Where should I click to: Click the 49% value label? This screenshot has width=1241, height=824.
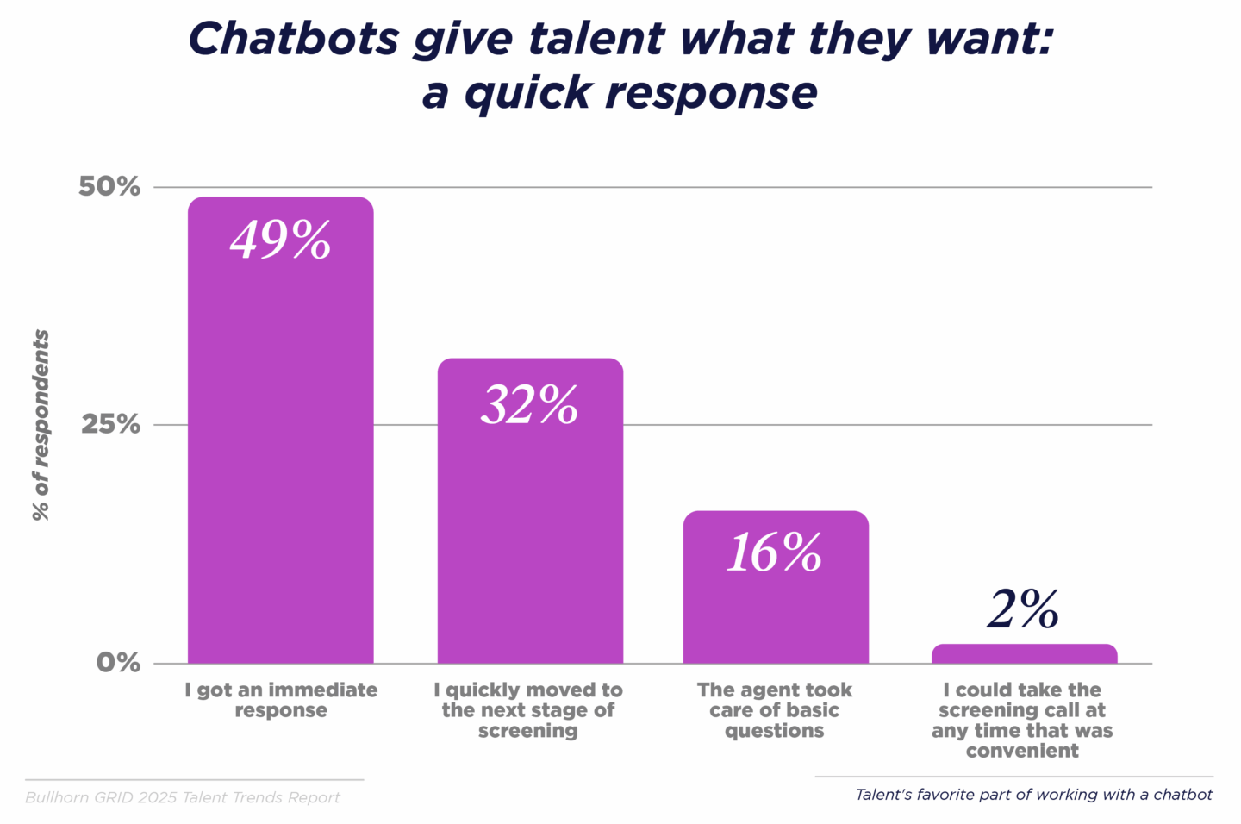coord(280,240)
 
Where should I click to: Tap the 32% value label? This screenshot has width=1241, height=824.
coord(529,404)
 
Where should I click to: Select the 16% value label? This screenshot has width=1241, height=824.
coord(775,552)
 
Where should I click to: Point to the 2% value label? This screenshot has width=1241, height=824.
coord(1023,610)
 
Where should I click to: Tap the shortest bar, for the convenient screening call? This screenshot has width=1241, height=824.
coord(1024,654)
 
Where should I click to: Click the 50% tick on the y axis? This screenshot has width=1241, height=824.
coord(109,186)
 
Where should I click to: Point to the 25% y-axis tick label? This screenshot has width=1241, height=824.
coord(110,424)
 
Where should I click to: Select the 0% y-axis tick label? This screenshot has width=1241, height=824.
coord(118,662)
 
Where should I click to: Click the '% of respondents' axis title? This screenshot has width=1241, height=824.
coord(41,425)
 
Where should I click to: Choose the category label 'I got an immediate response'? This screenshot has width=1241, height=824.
coord(281,700)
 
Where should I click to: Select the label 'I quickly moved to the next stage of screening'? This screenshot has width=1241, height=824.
coord(528,710)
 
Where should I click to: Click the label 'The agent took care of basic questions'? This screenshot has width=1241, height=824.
coord(775,710)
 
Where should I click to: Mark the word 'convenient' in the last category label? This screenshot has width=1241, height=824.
coord(1022,751)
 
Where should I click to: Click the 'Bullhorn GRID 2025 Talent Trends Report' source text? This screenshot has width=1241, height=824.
coord(183,797)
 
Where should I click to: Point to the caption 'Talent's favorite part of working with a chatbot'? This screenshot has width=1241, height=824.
coord(1033,795)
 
